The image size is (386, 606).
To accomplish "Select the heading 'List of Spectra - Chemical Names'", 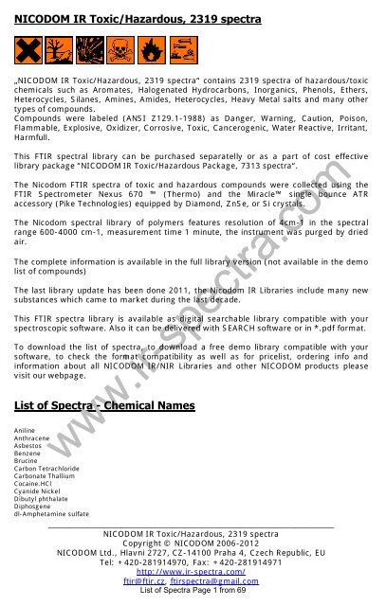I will pos(104,406).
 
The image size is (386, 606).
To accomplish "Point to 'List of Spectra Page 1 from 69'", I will pos(193,592).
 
